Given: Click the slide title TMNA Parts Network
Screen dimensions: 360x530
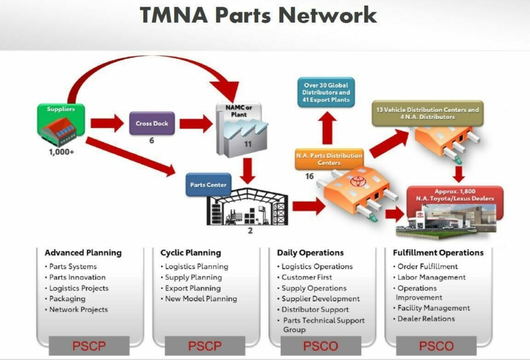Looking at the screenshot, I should click(x=258, y=15).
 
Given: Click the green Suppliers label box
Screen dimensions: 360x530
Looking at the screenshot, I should click(x=61, y=109).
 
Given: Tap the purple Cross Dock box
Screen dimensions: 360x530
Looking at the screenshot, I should click(x=152, y=124).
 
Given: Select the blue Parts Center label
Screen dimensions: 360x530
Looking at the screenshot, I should click(x=208, y=184).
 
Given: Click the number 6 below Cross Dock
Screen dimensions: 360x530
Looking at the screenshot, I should click(x=151, y=141).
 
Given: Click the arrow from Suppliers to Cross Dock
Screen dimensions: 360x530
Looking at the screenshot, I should click(x=107, y=124).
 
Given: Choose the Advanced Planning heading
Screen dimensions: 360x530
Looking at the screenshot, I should click(x=83, y=253).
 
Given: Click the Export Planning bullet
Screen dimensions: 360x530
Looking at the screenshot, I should click(x=193, y=288).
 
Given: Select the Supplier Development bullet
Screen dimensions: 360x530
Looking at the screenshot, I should click(x=320, y=299).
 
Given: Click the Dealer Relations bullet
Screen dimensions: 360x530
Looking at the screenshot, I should click(x=426, y=319).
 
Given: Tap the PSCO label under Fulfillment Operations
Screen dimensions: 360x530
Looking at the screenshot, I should click(x=436, y=346).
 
